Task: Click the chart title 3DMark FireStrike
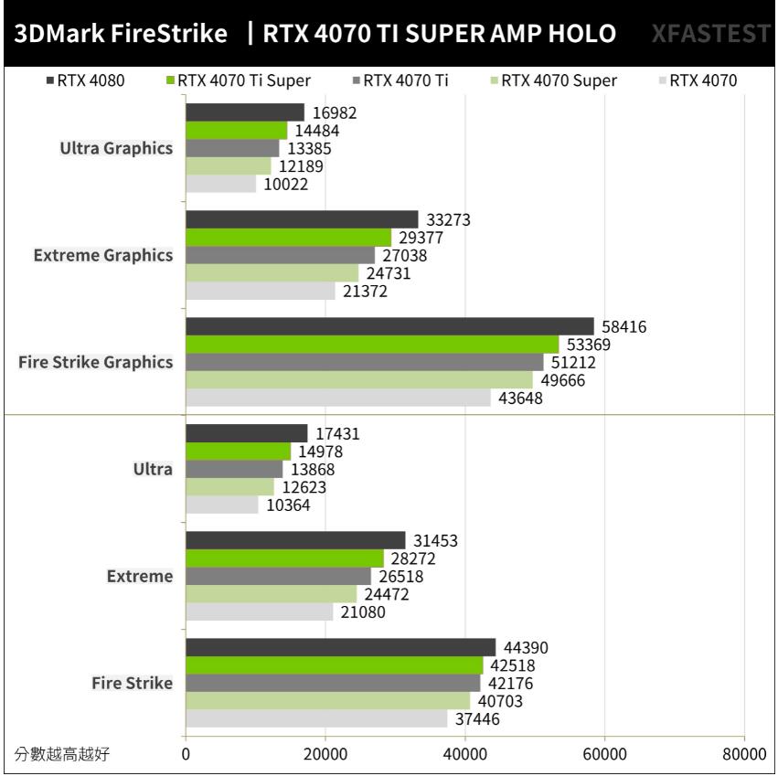point(121,34)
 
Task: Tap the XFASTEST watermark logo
point(711,34)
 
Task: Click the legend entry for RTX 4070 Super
point(553,80)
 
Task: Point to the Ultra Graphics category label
point(116,148)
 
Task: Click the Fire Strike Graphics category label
point(95,362)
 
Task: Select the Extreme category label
point(139,576)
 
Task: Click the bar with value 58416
point(389,326)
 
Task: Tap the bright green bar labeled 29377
point(288,238)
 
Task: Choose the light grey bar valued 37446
point(316,719)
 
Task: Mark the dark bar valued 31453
point(295,540)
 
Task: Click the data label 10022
point(286,184)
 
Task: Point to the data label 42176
point(510,684)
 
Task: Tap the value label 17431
point(337,433)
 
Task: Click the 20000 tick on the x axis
point(325,754)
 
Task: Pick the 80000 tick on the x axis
point(743,754)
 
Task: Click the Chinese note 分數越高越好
point(66,754)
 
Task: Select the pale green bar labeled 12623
point(229,487)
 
